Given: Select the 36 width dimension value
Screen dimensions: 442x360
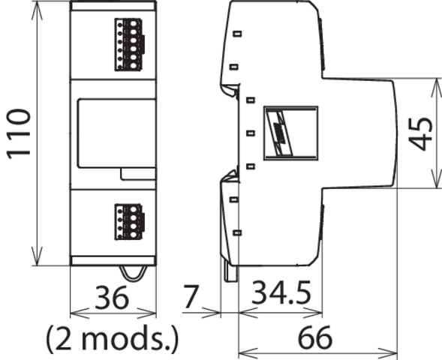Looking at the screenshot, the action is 112,298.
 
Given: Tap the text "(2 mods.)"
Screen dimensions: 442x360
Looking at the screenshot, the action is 113,338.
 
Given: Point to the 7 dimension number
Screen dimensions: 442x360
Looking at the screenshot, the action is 191,296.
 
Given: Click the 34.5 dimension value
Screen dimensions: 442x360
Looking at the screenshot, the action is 281,292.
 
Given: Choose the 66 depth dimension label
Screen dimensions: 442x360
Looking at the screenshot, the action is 315,337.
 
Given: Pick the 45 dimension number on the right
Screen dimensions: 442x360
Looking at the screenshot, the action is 420,133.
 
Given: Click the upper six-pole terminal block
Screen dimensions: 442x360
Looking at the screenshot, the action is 129,44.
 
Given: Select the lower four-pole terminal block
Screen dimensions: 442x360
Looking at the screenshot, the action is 129,222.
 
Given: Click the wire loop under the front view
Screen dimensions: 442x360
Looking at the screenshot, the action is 134,274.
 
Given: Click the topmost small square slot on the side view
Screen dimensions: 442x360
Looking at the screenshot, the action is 237,34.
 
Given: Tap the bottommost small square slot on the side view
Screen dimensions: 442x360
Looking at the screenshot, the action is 237,232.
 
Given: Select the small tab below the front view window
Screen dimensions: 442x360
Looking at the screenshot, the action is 138,174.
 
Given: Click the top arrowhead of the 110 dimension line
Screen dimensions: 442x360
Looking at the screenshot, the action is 37,10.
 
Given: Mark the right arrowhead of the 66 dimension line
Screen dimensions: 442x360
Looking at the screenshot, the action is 388,352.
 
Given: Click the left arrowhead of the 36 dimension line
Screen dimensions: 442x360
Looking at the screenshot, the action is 80,313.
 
